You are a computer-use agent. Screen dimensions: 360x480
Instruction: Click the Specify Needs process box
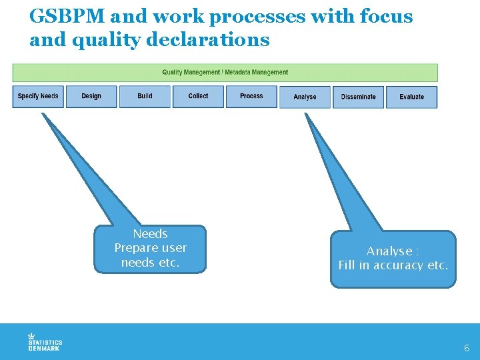click(x=38, y=97)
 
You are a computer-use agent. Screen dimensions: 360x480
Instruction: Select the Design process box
click(x=91, y=97)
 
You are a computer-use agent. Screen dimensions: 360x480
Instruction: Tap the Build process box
click(x=145, y=97)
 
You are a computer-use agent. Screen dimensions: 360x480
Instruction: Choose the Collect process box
click(x=198, y=97)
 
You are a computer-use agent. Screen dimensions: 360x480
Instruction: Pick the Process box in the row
click(x=251, y=97)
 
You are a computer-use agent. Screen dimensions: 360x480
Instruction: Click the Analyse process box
click(x=305, y=97)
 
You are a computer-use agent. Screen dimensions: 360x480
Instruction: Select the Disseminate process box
click(x=358, y=97)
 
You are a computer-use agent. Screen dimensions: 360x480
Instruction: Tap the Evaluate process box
click(x=411, y=97)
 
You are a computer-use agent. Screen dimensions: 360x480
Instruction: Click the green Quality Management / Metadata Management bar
click(x=225, y=72)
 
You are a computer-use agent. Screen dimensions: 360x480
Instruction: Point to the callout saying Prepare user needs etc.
click(x=150, y=249)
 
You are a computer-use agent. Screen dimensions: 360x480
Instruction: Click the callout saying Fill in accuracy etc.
click(x=393, y=259)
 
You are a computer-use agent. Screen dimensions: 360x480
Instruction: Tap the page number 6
click(x=467, y=348)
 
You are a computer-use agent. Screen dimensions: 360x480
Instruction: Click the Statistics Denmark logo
click(x=45, y=341)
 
